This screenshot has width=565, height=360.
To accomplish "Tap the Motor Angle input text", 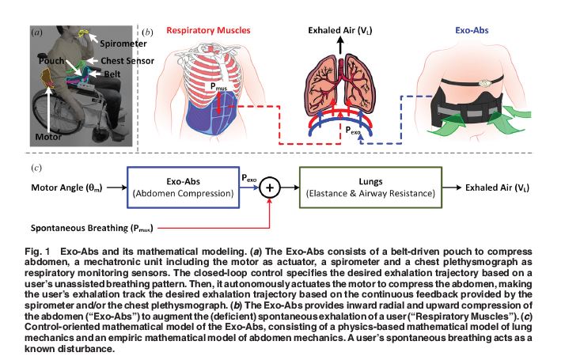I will [x=66, y=189].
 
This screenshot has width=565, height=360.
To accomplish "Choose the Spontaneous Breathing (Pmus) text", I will [x=89, y=228].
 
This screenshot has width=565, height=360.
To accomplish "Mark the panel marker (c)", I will [x=36, y=168].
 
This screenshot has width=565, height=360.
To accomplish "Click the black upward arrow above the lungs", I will [x=342, y=48].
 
